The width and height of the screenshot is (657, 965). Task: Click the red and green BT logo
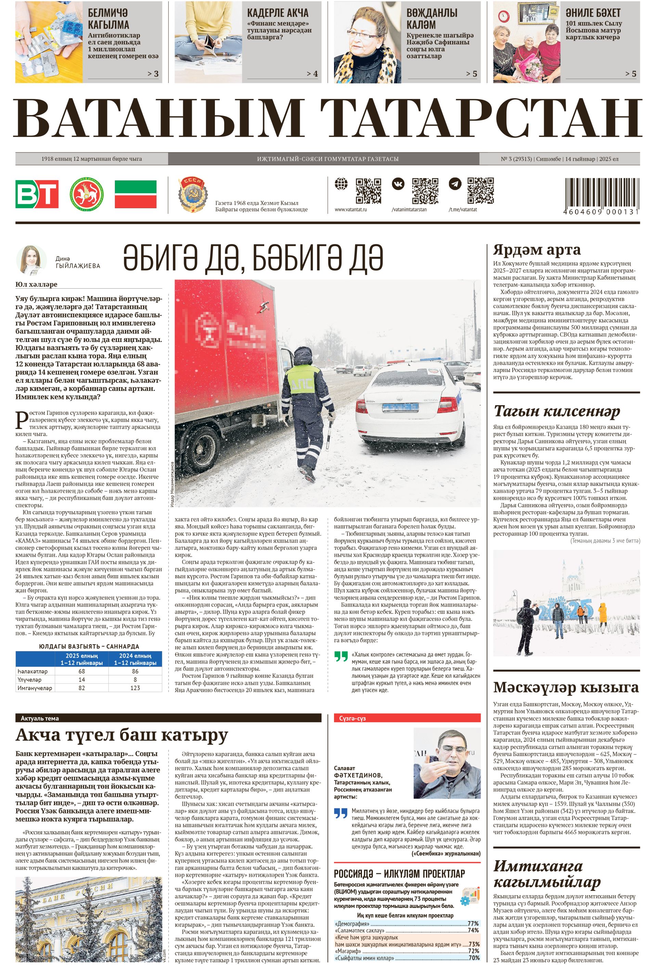(x=37, y=194)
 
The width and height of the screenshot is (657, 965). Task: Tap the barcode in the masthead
(x=601, y=193)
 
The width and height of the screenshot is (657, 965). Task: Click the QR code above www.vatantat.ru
(x=368, y=191)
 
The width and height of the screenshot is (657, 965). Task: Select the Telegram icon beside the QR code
(x=455, y=184)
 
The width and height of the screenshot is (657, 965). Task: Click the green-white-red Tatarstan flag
(x=136, y=194)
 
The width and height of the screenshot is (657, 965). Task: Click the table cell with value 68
(x=81, y=671)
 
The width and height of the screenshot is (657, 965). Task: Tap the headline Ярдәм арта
(x=537, y=250)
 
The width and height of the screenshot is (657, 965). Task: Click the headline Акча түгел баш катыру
(x=121, y=735)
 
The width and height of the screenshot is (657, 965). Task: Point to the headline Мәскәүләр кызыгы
(x=566, y=687)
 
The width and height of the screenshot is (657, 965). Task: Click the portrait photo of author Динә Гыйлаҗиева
(x=31, y=260)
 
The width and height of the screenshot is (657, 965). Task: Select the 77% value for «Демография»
(x=473, y=924)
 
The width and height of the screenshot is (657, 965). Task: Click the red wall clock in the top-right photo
(x=503, y=16)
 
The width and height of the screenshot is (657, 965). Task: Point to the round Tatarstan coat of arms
(x=87, y=194)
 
